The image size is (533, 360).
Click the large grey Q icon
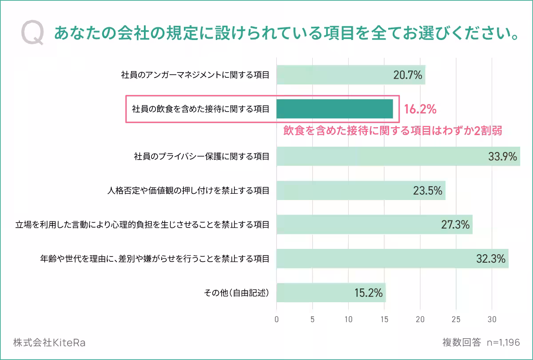click(33, 33)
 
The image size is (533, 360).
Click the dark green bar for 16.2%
click(334, 109)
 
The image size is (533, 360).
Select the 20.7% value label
click(407, 75)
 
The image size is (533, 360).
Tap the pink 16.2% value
click(420, 109)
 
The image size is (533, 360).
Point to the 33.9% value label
click(502, 156)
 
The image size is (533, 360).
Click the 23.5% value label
click(427, 191)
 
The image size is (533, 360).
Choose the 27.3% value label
click(455, 225)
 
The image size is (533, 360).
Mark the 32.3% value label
click(491, 259)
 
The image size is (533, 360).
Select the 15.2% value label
click(368, 293)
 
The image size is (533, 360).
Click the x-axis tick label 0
click(277, 319)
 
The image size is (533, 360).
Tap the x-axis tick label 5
click(313, 319)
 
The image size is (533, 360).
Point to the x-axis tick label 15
click(384, 319)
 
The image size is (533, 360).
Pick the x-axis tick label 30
click(492, 319)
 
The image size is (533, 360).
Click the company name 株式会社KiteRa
click(49, 342)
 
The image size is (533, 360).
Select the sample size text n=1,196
click(503, 342)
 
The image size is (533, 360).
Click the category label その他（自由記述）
click(237, 293)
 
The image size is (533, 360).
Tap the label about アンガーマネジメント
click(195, 75)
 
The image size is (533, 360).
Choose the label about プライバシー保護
click(202, 156)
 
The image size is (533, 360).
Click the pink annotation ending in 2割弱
click(395, 131)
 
